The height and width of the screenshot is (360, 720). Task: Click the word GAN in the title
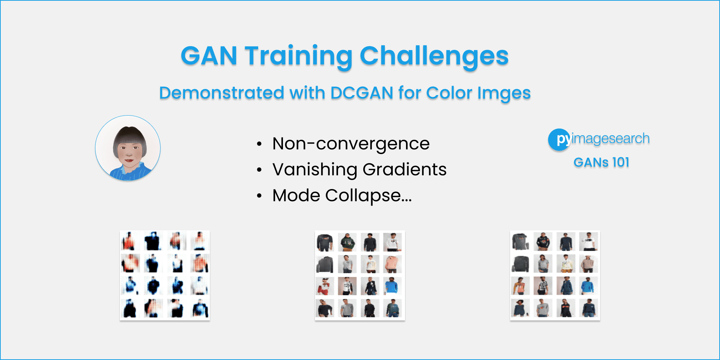[x=209, y=56]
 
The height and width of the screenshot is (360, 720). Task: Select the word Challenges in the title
[x=434, y=56]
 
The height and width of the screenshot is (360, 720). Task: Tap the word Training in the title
[x=298, y=56]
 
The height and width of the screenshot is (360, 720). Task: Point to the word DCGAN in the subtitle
[x=362, y=93]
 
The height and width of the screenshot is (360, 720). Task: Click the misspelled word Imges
[x=504, y=93]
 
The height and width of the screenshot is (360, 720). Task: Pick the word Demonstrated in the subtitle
[x=221, y=93]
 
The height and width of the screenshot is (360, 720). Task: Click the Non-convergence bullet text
[x=351, y=144]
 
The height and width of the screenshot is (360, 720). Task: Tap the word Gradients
[x=405, y=170]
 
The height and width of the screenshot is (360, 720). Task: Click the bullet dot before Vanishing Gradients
[x=259, y=170]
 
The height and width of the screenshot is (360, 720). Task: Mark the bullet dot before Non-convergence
[x=259, y=144]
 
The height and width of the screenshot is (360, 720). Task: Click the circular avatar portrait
[x=128, y=148]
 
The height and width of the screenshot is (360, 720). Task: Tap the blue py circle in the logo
[x=559, y=139]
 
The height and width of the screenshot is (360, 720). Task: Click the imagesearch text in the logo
[x=611, y=139]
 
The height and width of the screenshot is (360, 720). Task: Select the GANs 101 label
[x=601, y=162]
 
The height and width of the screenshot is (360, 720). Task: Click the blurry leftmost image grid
[x=165, y=275]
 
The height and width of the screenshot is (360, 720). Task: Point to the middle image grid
[x=360, y=275]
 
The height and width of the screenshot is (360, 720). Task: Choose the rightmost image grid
[x=555, y=275]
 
